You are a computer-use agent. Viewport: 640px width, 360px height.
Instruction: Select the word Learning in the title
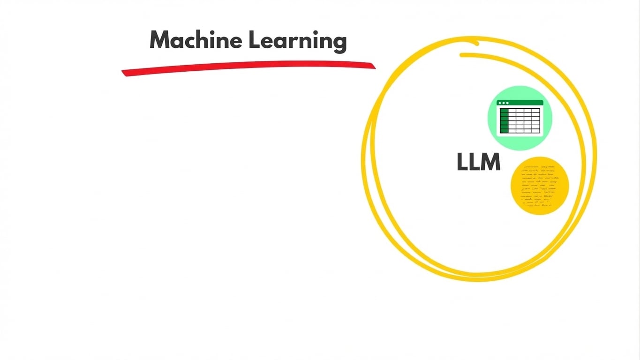298,41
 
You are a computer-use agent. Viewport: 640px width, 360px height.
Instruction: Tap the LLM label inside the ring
478,162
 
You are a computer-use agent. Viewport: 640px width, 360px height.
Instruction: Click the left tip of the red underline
123,72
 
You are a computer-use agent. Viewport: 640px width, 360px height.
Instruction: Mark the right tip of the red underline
374,66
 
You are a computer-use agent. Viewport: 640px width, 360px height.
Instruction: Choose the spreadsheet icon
520,117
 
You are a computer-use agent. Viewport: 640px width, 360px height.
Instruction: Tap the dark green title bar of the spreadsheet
520,103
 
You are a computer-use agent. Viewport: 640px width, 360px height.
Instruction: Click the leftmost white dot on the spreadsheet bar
500,103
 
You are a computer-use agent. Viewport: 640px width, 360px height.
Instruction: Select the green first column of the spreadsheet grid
504,121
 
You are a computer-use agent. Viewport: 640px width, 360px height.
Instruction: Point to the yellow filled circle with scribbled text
539,186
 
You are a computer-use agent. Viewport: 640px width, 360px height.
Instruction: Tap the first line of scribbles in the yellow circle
539,167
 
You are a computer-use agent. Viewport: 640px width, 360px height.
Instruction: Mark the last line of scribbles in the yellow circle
539,205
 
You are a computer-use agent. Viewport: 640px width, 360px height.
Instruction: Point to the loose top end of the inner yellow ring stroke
462,55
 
